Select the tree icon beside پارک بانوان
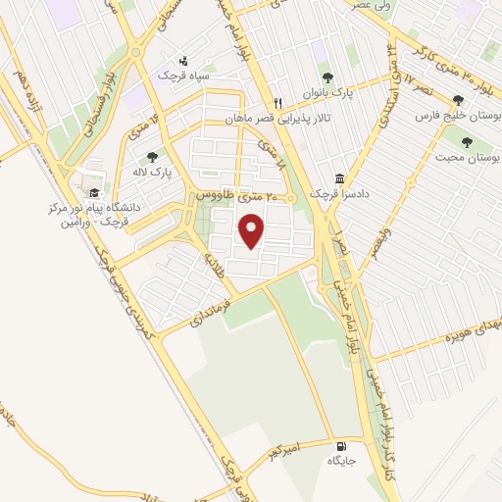(327, 77)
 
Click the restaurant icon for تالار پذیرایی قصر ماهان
(278, 103)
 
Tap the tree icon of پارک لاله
(151, 156)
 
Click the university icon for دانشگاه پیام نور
(94, 192)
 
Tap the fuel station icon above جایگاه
(339, 444)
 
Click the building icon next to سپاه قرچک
(183, 60)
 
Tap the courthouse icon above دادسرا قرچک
(339, 179)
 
